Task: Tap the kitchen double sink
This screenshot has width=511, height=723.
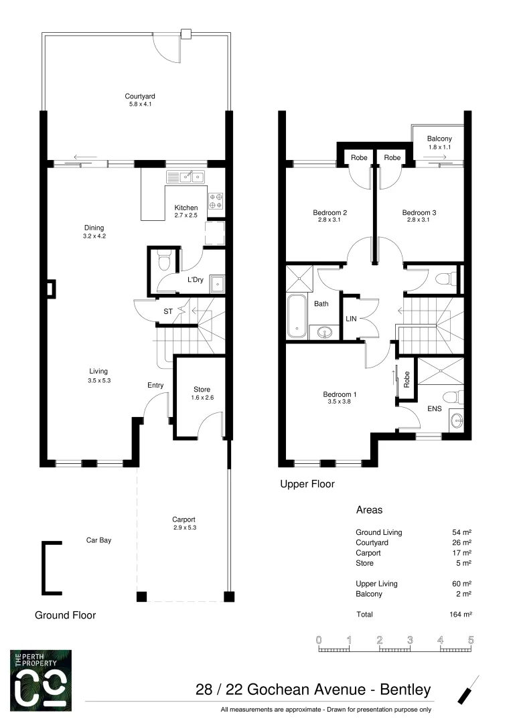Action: (186, 177)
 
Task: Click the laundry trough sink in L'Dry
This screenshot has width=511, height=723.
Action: (216, 284)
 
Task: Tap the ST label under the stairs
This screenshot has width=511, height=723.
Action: (168, 311)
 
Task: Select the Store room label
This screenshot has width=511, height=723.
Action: (202, 389)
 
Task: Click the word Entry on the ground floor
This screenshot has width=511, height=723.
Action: (155, 385)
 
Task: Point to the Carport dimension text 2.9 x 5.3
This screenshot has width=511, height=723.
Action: (183, 528)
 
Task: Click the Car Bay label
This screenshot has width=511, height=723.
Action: (98, 540)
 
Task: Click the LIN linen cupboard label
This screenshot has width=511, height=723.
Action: (351, 319)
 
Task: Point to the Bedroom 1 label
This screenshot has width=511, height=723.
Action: (338, 394)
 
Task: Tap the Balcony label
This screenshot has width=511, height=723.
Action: (439, 139)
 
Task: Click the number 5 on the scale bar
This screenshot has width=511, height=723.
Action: (471, 640)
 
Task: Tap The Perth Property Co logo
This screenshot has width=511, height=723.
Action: (41, 679)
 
